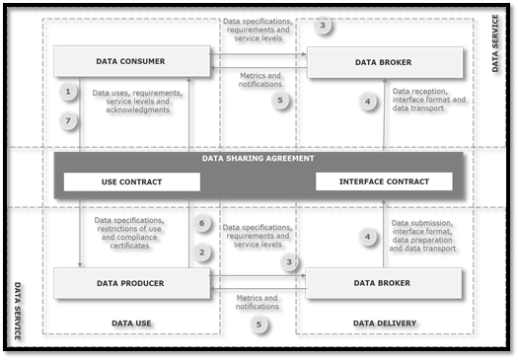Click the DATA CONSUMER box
click(x=131, y=61)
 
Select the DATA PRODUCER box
click(x=131, y=283)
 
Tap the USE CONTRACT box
click(x=131, y=181)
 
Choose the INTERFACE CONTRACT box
click(x=384, y=181)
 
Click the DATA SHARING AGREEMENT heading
click(x=258, y=158)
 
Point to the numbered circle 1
click(x=68, y=93)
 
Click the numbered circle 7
click(x=68, y=120)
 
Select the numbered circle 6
click(x=201, y=224)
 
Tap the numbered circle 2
click(x=201, y=252)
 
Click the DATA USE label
click(x=132, y=323)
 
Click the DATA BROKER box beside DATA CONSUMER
click(x=384, y=62)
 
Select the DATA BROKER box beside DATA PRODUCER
click(x=384, y=283)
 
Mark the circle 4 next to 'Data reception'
click(x=368, y=102)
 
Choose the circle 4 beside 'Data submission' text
click(x=368, y=237)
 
